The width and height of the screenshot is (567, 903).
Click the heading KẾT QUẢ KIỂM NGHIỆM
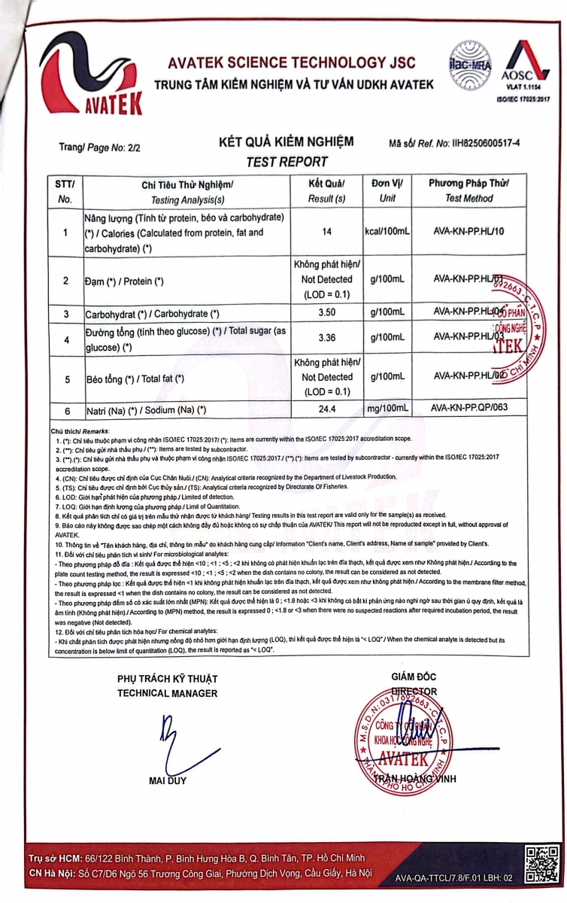click(x=286, y=142)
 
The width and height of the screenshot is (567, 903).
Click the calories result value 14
click(x=326, y=232)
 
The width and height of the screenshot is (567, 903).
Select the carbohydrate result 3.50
click(x=326, y=312)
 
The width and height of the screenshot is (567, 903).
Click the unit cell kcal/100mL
click(x=387, y=232)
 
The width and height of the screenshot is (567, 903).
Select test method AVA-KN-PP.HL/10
click(x=470, y=232)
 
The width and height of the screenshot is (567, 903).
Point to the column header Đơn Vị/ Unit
click(x=387, y=190)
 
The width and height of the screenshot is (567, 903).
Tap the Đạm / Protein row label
click(x=124, y=281)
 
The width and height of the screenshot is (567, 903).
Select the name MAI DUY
click(x=167, y=780)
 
